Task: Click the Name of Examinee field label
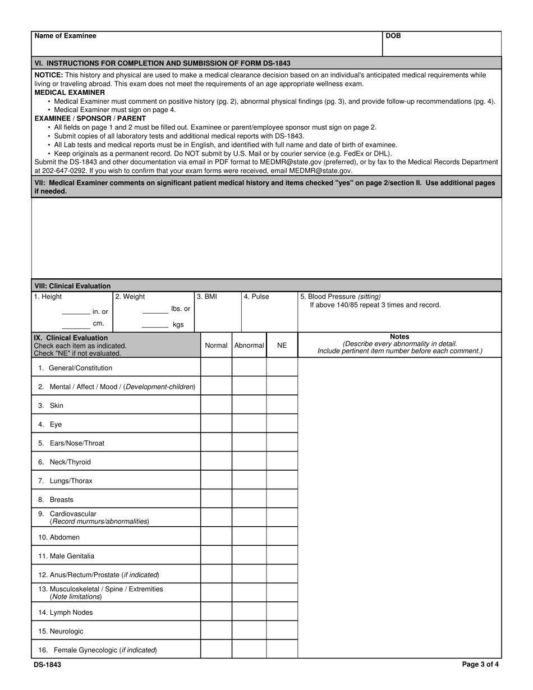pos(65,36)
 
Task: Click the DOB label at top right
pos(393,36)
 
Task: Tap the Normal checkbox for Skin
pos(216,406)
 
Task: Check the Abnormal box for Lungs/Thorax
pos(249,481)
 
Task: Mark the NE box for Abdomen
pos(282,537)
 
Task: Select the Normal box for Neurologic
pos(216,631)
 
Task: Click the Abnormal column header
pos(249,346)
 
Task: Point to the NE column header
pos(282,346)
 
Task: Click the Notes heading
pos(399,337)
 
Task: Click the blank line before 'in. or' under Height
pos(75,312)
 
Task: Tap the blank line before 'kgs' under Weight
pos(155,325)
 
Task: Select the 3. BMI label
pos(206,297)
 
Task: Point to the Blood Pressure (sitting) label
pos(341,297)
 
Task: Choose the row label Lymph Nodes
pos(66,613)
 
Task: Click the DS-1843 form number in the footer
pos(48,665)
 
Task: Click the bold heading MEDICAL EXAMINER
pos(70,93)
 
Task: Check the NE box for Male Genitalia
pos(282,556)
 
